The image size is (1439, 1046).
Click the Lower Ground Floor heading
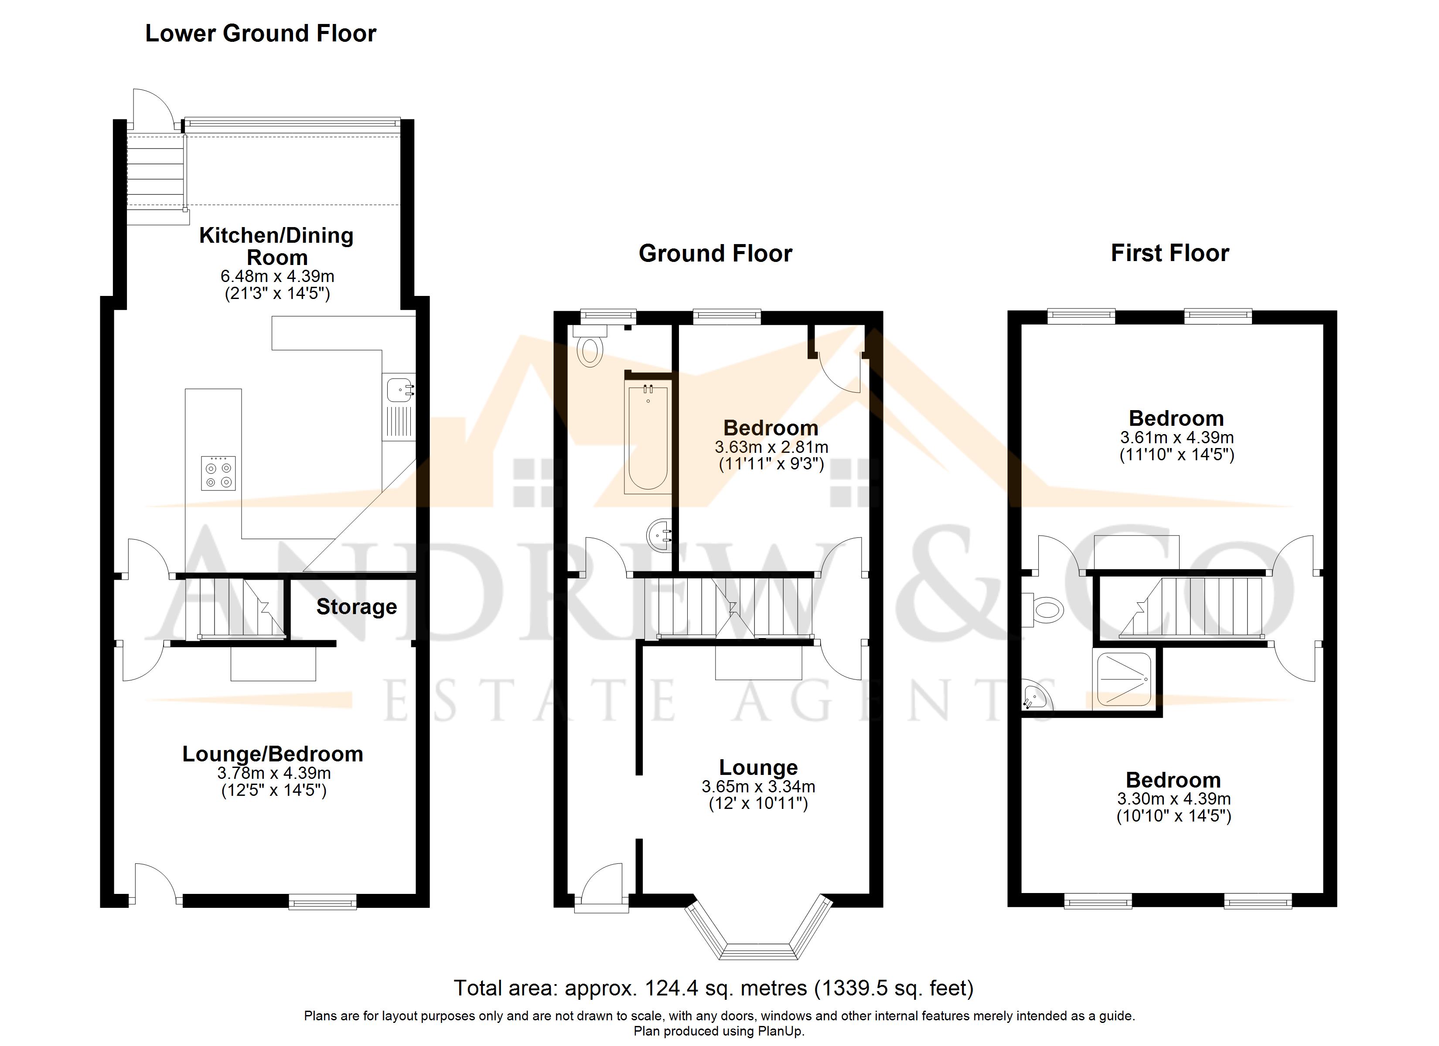260,34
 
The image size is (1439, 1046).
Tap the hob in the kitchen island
218,474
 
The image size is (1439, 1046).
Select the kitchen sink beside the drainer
399,388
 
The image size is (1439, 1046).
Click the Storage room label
357,607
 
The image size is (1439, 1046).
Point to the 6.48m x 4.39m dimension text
277,277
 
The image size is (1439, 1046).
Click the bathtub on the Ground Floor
648,438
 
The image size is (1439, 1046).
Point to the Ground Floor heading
715,254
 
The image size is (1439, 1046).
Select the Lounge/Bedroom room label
273,754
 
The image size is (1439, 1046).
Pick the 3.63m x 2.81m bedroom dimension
771,447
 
